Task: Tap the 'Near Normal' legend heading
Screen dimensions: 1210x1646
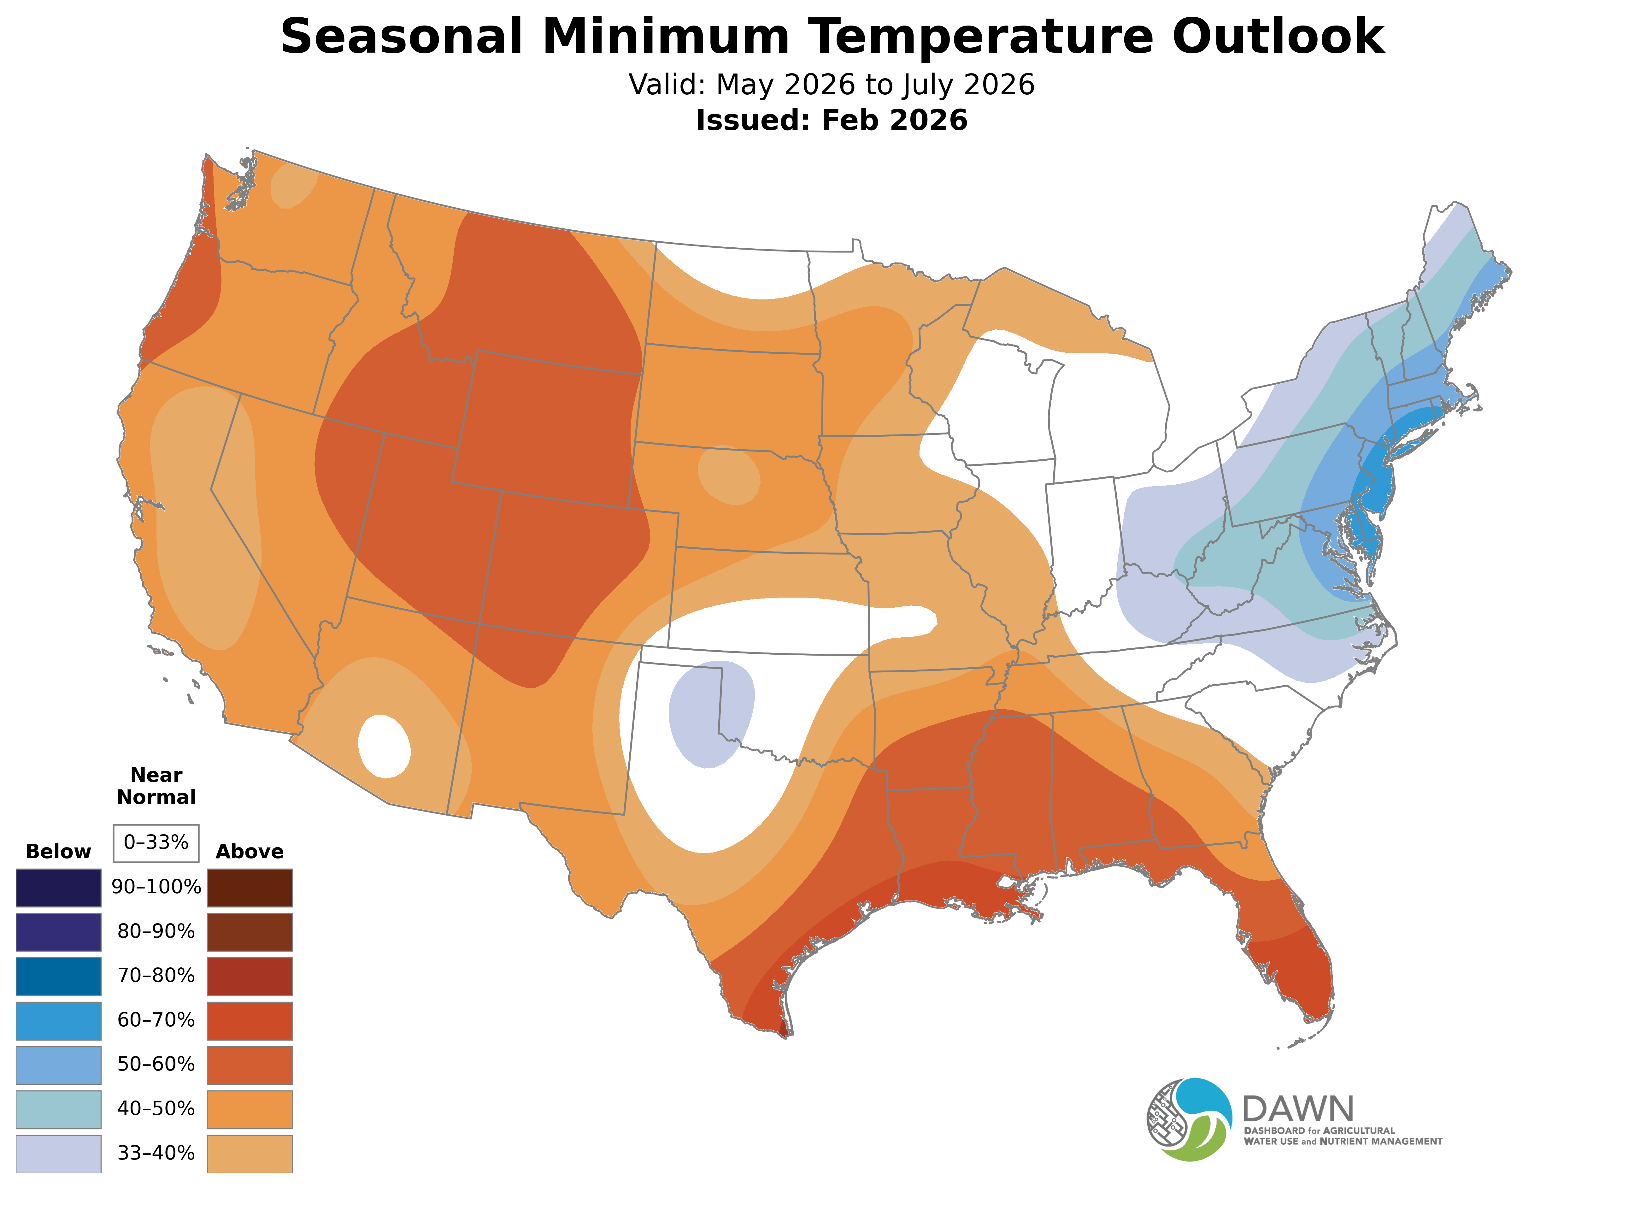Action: pyautogui.click(x=156, y=786)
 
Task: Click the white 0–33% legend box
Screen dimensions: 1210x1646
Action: pyautogui.click(x=156, y=842)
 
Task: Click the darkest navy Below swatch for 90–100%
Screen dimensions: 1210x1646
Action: pyautogui.click(x=59, y=888)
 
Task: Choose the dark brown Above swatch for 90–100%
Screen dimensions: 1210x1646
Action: pyautogui.click(x=250, y=888)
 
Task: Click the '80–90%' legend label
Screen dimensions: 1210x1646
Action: pyautogui.click(x=156, y=932)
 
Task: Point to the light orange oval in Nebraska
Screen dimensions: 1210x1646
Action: pyautogui.click(x=729, y=476)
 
